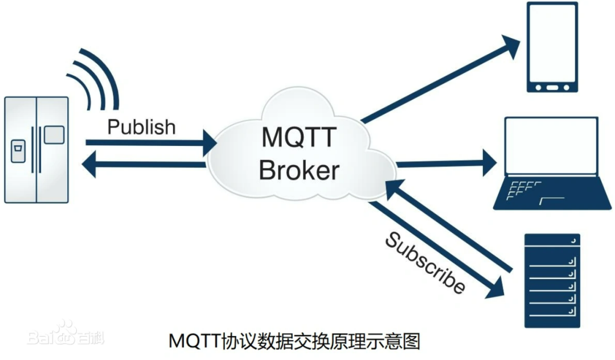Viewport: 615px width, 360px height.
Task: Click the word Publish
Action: tap(141, 127)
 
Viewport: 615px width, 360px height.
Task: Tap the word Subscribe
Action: tap(425, 263)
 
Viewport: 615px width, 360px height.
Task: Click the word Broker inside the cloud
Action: tap(299, 170)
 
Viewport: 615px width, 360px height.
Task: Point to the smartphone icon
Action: tap(551, 47)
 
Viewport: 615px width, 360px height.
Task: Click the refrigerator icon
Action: tap(36, 150)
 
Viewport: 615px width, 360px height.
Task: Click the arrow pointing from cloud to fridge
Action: tap(142, 165)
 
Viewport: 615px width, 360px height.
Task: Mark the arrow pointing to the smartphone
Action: tap(438, 80)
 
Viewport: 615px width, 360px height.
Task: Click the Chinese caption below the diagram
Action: tap(294, 342)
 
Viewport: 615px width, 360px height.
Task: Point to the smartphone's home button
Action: tap(551, 88)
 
